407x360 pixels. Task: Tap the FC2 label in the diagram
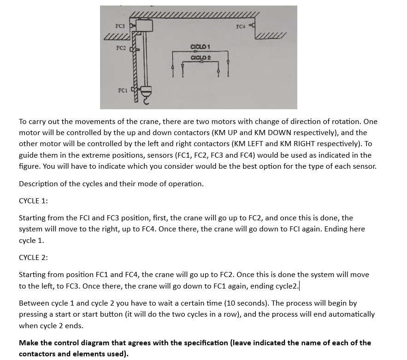[x=121, y=48]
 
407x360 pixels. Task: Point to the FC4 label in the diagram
[x=240, y=26]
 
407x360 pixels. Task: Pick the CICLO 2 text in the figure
[x=200, y=57]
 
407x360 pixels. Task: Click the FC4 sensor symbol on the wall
[x=251, y=26]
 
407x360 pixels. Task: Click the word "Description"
[x=41, y=184]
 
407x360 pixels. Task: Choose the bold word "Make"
[x=29, y=343]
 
